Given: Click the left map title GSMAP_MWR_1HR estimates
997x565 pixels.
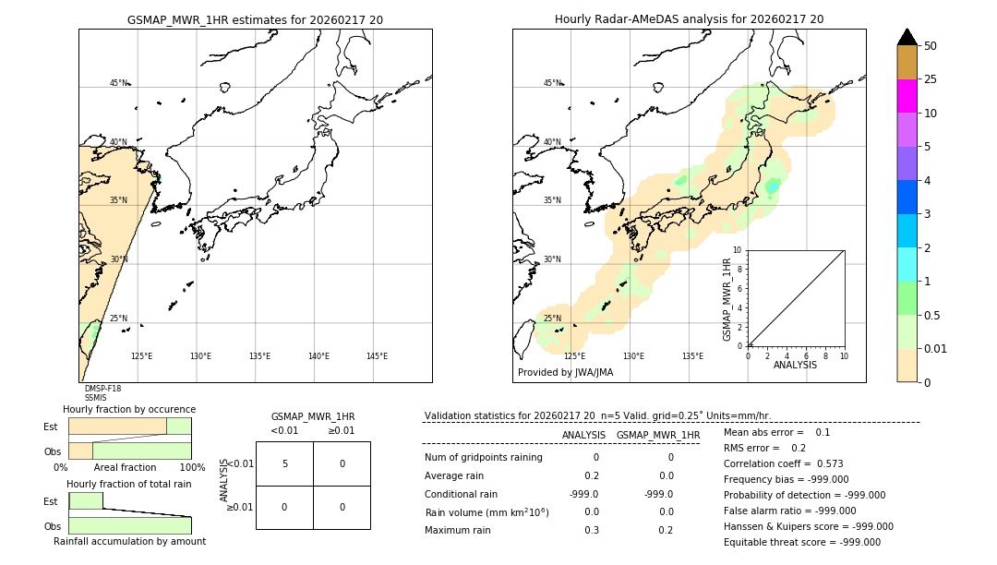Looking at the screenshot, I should tap(255, 19).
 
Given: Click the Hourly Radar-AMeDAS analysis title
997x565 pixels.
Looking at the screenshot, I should tap(689, 19).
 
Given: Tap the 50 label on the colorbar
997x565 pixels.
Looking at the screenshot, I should tap(931, 46).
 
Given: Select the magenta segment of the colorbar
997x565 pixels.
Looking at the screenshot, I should tap(907, 96).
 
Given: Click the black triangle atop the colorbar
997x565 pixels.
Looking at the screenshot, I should tap(907, 37).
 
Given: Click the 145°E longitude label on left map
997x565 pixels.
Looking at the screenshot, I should tap(377, 356).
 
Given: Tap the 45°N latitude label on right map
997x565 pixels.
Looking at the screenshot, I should tap(552, 83).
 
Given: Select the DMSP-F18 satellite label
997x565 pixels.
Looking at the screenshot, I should tap(102, 389).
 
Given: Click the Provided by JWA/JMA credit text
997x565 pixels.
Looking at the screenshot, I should tap(565, 373).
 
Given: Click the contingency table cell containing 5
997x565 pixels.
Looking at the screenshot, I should tap(284, 463).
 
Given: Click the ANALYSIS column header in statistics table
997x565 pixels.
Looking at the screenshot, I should tap(583, 435).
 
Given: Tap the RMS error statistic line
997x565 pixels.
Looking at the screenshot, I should tap(764, 448).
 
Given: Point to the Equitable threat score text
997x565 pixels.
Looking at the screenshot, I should tap(801, 542).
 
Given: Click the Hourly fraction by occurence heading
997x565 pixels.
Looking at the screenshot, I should tap(128, 409).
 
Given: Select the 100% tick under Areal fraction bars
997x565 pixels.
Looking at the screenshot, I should tap(191, 468).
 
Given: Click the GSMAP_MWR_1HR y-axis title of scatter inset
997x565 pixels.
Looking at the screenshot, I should tap(727, 299).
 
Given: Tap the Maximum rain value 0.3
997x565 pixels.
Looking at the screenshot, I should tap(591, 530).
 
